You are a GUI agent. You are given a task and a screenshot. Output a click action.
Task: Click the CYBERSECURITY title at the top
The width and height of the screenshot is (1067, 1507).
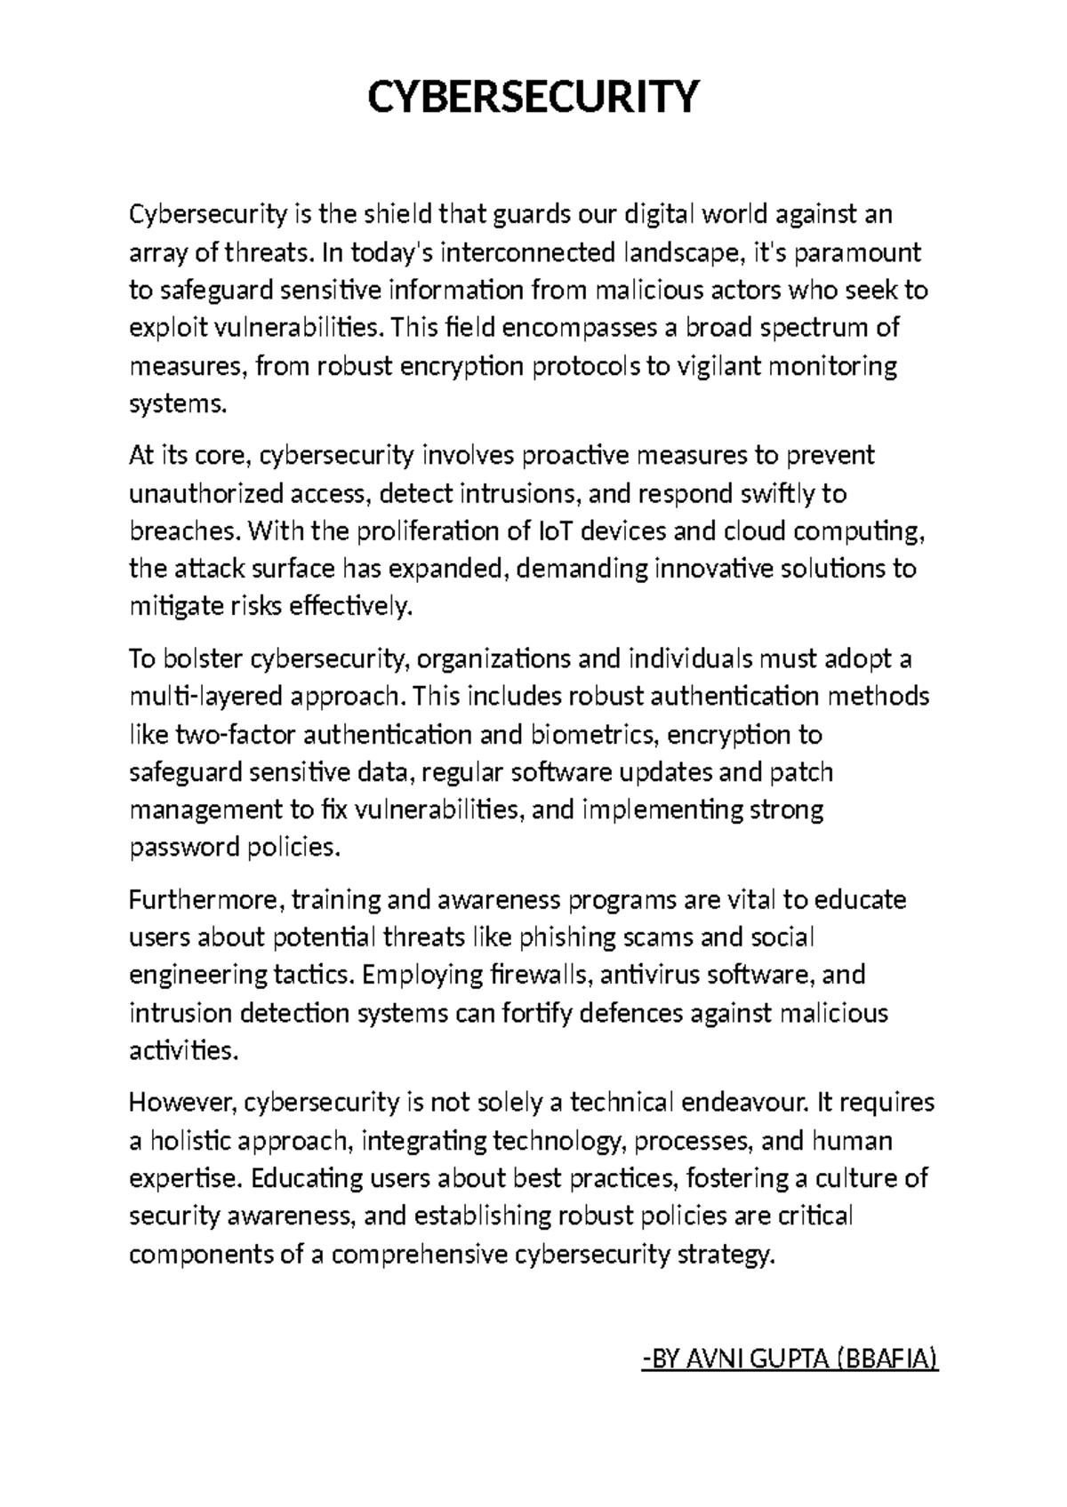(x=533, y=97)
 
